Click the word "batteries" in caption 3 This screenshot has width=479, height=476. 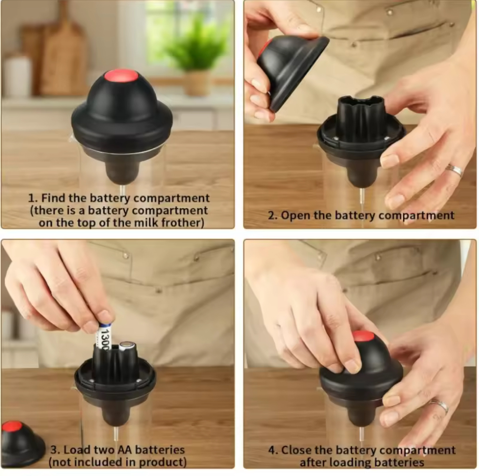(160, 450)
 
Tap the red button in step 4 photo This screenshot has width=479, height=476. (363, 336)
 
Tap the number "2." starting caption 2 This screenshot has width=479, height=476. (273, 215)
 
